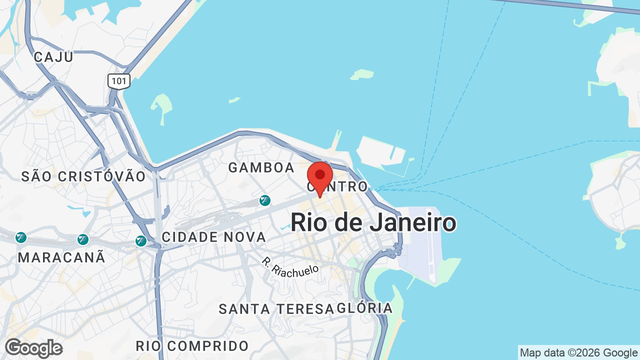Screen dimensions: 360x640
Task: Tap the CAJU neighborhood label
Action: click(53, 57)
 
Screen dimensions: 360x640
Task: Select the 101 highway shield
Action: click(119, 81)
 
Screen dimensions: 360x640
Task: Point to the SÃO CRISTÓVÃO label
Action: click(83, 176)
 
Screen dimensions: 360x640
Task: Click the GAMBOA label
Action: click(261, 168)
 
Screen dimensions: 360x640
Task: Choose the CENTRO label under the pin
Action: click(338, 187)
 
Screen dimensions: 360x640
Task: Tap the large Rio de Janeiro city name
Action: click(373, 222)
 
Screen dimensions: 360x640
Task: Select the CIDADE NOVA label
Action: click(214, 237)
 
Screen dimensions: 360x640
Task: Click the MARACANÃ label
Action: click(62, 257)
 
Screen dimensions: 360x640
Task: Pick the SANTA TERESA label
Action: click(276, 309)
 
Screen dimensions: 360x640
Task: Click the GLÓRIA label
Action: click(365, 308)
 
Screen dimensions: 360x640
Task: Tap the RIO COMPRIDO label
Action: click(192, 346)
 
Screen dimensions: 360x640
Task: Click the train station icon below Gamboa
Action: click(265, 201)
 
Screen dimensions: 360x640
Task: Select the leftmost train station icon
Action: click(21, 237)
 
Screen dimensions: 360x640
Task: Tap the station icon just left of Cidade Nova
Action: click(141, 241)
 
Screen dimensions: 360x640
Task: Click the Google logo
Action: click(33, 348)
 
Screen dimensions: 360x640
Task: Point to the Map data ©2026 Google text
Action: click(578, 353)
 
